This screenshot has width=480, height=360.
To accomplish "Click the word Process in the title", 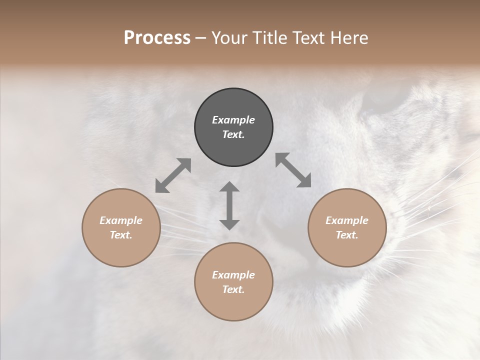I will point(157,38).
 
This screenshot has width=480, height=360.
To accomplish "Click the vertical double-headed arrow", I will point(229,205).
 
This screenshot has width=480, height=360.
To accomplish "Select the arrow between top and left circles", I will point(173,175).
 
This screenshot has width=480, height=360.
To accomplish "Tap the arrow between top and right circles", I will point(293,170).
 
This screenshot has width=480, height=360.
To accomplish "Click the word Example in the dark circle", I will point(233,120).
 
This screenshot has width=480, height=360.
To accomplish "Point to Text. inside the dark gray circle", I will point(233,134).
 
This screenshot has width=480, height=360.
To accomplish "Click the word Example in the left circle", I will point(121,220).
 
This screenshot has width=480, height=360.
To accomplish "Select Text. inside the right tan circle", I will point(347,235).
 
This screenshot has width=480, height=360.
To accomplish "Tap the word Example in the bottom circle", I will point(233,275).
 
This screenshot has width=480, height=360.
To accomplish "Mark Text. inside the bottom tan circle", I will point(233,289).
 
